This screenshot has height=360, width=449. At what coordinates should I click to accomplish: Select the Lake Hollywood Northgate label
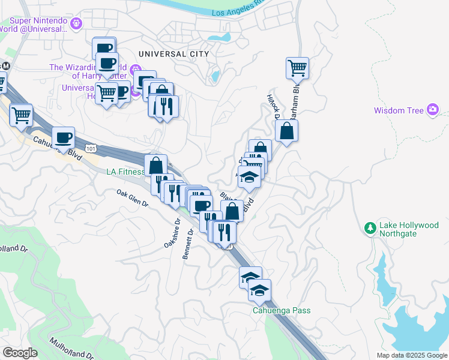409,229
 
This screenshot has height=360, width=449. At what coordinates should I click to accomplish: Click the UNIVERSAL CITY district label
173,54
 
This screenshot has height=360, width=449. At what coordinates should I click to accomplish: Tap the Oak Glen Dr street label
133,198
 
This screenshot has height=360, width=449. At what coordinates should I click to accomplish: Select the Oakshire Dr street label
173,234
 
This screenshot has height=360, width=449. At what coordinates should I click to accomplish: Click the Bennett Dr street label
188,244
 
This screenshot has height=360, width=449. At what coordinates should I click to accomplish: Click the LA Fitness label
125,172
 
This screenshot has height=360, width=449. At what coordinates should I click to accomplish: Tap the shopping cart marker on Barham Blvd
298,67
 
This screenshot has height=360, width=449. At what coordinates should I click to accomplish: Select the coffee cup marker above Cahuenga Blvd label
64,137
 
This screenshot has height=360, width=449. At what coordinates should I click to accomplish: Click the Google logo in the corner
20,353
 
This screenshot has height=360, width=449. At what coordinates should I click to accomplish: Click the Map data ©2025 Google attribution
412,355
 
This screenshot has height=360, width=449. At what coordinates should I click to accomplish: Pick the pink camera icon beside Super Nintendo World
76,24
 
